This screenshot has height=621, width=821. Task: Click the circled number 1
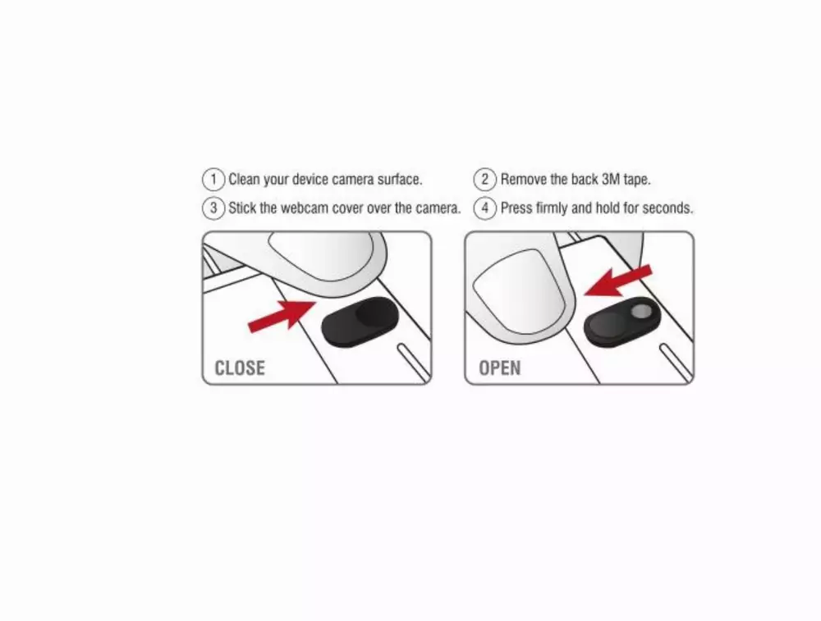click(213, 180)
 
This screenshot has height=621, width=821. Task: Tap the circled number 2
click(485, 180)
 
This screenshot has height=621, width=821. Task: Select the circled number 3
click(213, 208)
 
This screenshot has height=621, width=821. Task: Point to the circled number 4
click(485, 208)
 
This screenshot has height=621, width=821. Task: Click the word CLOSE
click(240, 368)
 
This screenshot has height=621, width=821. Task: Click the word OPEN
click(499, 368)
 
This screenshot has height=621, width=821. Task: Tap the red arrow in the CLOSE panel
click(282, 316)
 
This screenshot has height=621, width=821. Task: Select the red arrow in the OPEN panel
click(618, 281)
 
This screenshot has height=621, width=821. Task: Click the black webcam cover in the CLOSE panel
click(360, 322)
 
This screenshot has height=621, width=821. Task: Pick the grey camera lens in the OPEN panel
click(641, 312)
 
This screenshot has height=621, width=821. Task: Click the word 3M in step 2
click(611, 180)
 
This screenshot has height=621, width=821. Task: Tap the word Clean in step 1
click(244, 180)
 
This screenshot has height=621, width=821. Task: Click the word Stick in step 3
click(242, 208)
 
